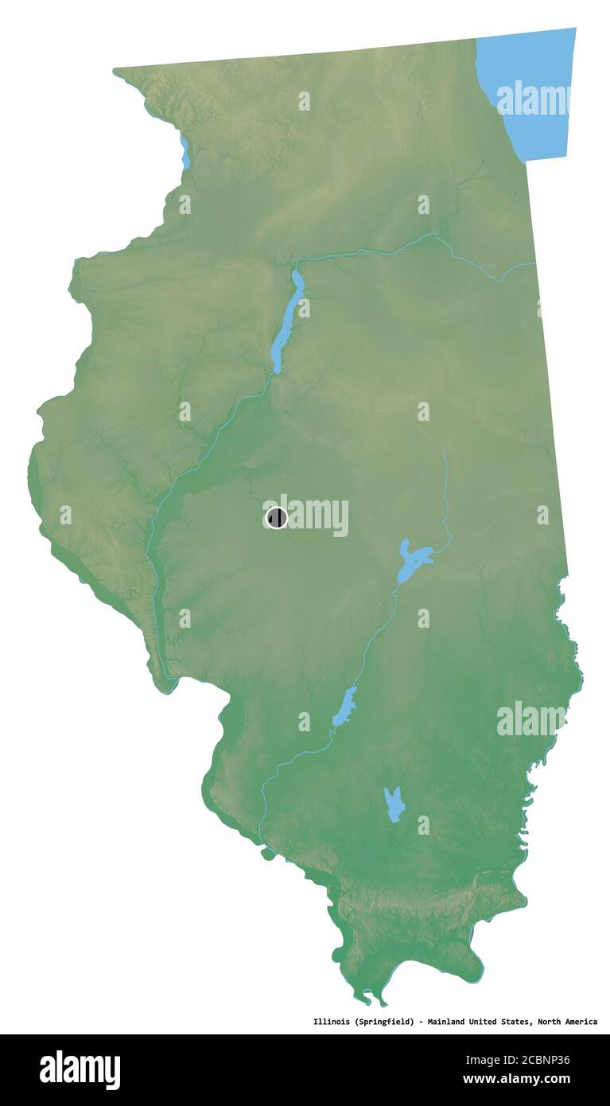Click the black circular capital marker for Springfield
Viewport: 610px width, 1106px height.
point(277,518)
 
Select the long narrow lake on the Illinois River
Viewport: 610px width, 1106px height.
point(287,322)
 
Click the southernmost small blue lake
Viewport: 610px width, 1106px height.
point(394,804)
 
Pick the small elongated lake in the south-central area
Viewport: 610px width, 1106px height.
point(344,707)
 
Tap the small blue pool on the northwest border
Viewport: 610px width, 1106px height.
point(185,153)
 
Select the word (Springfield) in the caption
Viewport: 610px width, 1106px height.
point(385,1022)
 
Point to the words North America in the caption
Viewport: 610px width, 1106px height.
point(568,1022)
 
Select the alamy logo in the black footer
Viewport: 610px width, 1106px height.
point(80,1069)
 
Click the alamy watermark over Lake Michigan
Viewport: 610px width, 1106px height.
point(533,99)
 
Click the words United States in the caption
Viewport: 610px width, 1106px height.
point(504,1022)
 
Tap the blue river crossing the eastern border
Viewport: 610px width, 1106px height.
point(517,268)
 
